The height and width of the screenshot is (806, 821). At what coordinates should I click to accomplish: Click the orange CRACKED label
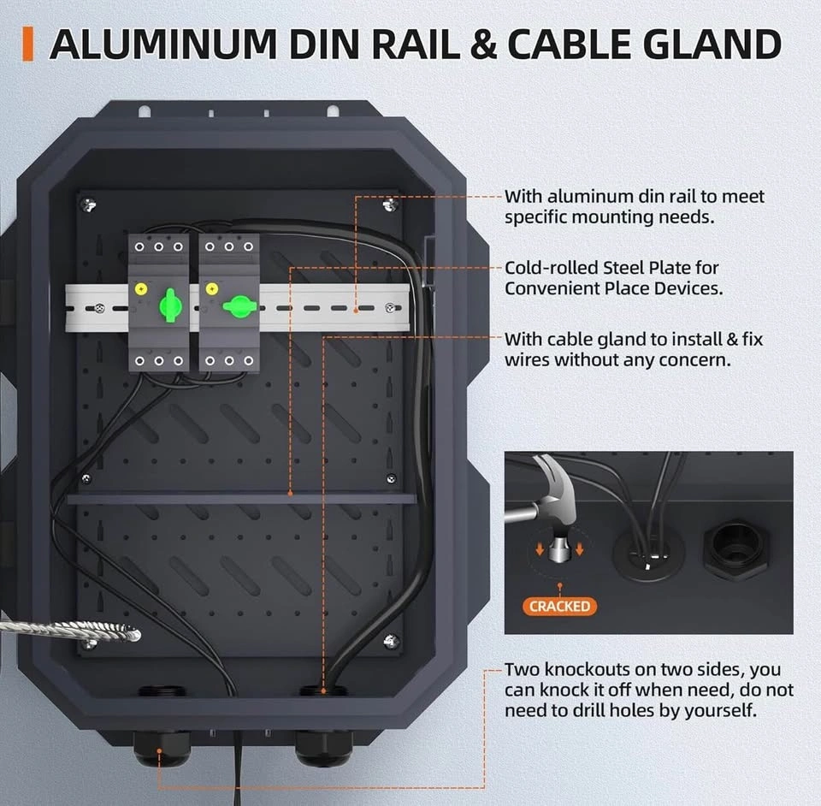[x=559, y=607]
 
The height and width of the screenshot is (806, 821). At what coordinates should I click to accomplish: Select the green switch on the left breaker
[x=170, y=304]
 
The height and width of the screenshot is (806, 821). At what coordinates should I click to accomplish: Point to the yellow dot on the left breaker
[x=140, y=289]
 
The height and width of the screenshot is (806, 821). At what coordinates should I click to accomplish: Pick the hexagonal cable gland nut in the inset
[x=735, y=547]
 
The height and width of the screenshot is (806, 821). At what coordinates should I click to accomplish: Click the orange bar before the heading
[x=28, y=44]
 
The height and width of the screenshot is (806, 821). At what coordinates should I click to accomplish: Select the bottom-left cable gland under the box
[x=161, y=747]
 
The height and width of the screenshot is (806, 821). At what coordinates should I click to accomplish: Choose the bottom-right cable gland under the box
[x=323, y=747]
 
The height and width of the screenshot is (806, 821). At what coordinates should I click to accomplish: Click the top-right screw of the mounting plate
[x=390, y=204]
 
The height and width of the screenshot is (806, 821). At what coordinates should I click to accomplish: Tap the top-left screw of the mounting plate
[x=90, y=204]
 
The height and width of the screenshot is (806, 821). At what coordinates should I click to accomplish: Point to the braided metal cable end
[x=120, y=634]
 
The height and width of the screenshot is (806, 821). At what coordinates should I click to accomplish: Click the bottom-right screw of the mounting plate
[x=390, y=640]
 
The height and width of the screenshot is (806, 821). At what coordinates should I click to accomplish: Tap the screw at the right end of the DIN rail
[x=390, y=308]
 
